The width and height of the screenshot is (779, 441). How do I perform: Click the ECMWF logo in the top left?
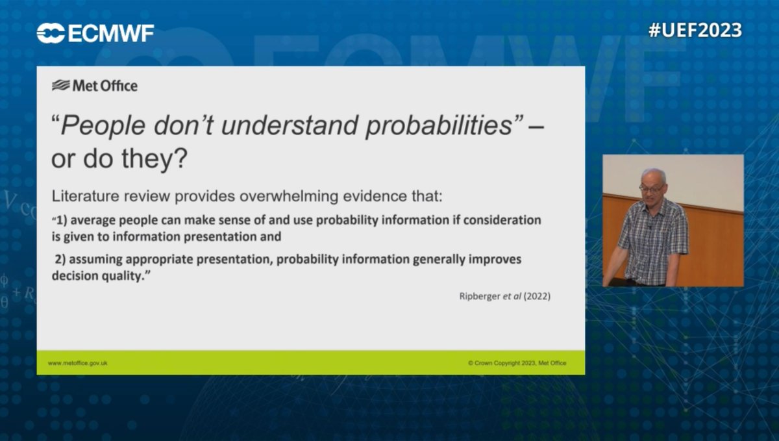(x=95, y=32)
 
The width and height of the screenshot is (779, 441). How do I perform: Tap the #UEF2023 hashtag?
(x=695, y=31)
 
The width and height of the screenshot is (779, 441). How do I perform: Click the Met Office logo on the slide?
(x=95, y=86)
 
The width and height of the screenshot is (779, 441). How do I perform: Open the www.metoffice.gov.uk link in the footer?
(x=78, y=363)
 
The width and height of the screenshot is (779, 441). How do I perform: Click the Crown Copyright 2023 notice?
(x=517, y=363)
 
